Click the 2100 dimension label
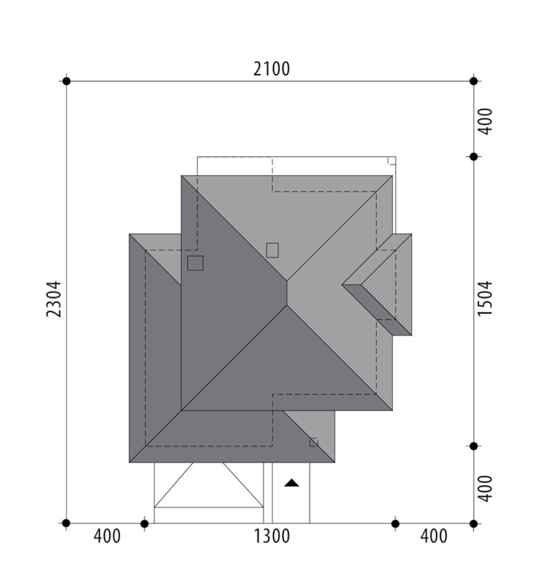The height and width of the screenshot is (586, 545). coord(271,69)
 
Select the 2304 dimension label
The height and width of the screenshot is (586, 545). coord(54,299)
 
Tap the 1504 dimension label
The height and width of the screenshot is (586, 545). coord(485,299)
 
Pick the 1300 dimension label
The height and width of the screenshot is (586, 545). coord(272,536)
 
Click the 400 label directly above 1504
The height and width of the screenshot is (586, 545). coord(485,121)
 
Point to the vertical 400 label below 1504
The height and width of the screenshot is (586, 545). coord(485,488)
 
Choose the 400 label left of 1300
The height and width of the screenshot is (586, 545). coord(107,536)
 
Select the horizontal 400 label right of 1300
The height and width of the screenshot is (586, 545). coord(434,536)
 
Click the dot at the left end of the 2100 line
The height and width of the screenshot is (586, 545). coord(66,81)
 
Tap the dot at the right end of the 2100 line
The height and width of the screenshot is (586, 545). coord(473,81)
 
